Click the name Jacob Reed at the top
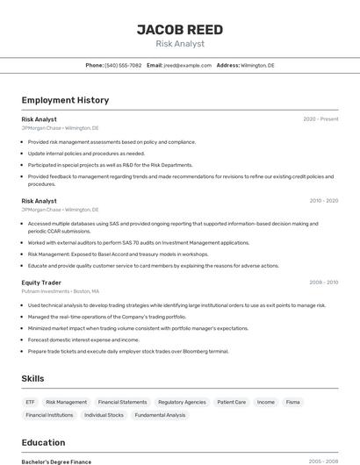[x=180, y=29]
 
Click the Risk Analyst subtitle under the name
[x=180, y=44]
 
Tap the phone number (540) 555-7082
[x=123, y=65]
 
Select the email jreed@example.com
[x=187, y=65]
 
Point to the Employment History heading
[x=65, y=100]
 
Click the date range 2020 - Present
[x=320, y=119]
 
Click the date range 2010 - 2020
[x=322, y=201]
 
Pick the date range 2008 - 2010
[x=322, y=283]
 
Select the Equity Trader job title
[x=42, y=283]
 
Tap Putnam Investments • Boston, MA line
[x=61, y=291]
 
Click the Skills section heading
[x=33, y=378]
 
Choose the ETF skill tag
[x=31, y=402]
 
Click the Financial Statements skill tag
[x=122, y=402]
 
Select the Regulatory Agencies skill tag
[x=182, y=402]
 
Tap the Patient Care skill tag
[x=232, y=402]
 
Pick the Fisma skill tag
[x=292, y=402]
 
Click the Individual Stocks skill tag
[x=104, y=415]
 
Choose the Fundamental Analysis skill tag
[x=160, y=415]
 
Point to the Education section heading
[x=43, y=442]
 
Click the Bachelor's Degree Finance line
[x=56, y=461]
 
